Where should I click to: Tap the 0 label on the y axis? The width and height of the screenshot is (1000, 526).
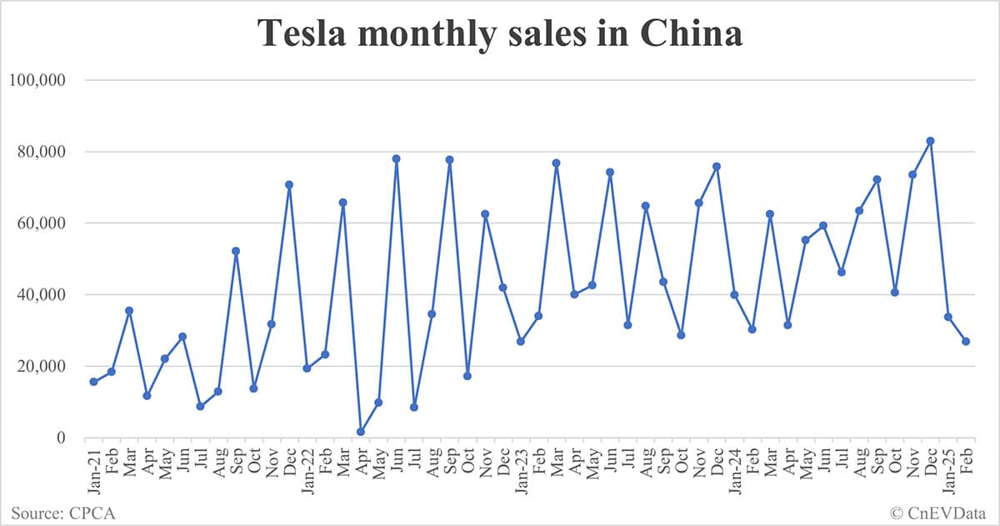click(x=60, y=438)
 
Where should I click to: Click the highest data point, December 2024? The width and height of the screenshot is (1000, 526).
click(x=930, y=141)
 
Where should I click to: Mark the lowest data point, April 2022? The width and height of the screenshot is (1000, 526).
click(x=360, y=432)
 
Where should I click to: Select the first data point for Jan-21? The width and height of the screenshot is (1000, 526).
click(x=93, y=382)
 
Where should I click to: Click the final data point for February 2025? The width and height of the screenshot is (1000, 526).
click(x=966, y=341)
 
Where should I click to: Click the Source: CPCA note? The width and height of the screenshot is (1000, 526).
click(x=63, y=512)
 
